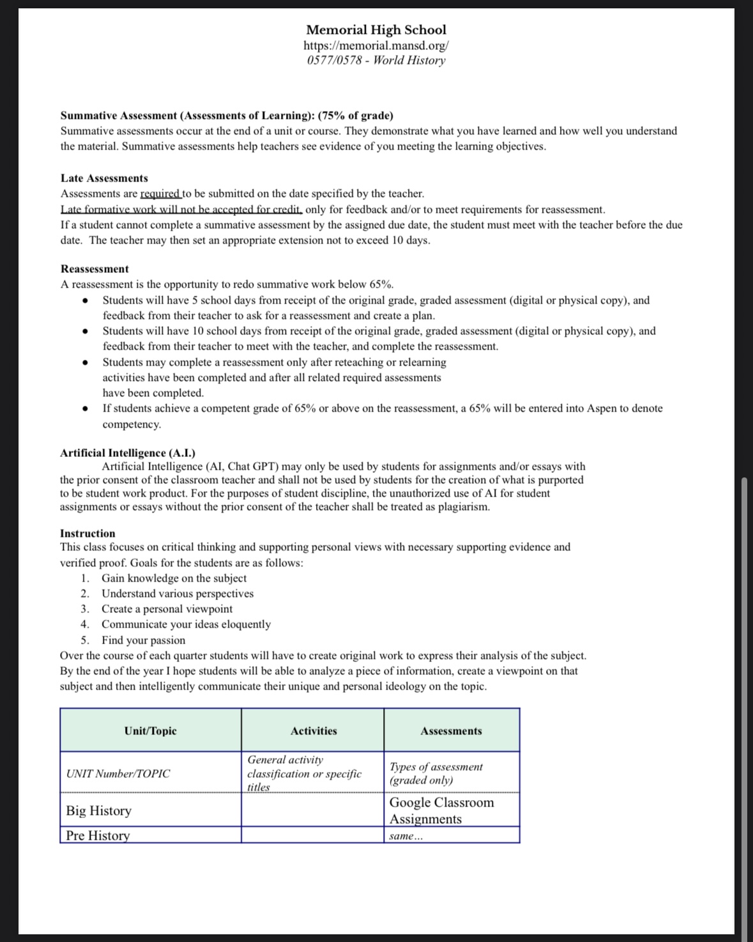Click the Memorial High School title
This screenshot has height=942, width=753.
click(x=376, y=29)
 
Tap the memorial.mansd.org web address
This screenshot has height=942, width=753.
click(x=376, y=45)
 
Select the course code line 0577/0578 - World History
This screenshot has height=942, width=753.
click(x=376, y=61)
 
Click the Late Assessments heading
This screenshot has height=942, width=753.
click(x=104, y=178)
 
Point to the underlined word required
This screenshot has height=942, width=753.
click(x=160, y=194)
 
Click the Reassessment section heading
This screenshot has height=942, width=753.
click(x=95, y=269)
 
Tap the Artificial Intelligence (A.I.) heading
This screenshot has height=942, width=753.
click(x=128, y=453)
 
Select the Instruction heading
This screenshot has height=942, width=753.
click(x=87, y=533)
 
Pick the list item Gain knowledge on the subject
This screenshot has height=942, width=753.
click(x=174, y=578)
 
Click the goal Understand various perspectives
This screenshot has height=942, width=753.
click(x=178, y=594)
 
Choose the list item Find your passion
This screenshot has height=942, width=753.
click(x=143, y=640)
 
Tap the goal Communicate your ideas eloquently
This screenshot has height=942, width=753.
click(x=186, y=624)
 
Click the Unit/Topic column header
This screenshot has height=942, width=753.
click(x=151, y=731)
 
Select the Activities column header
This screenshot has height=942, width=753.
click(x=314, y=731)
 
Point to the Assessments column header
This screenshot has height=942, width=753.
click(x=451, y=731)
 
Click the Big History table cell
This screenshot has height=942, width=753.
click(x=99, y=811)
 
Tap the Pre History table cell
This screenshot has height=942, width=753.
click(x=98, y=835)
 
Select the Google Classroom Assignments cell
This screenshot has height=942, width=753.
click(x=441, y=810)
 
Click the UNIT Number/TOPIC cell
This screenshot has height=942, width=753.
click(x=118, y=773)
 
